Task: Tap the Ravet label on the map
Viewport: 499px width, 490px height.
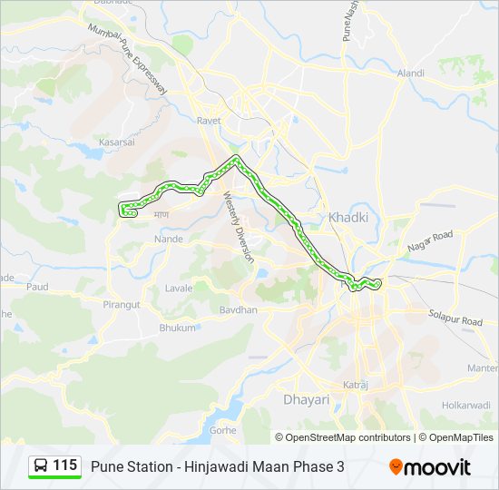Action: tap(210, 120)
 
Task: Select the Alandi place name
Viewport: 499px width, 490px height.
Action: tap(410, 73)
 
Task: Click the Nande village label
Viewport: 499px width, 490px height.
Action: tap(169, 239)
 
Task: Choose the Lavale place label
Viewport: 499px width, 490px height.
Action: tap(179, 288)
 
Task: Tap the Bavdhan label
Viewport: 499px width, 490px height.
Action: tap(239, 309)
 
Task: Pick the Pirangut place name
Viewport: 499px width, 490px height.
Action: tap(122, 305)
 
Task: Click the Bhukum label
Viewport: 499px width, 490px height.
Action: tap(177, 328)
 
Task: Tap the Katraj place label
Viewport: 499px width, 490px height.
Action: tap(356, 386)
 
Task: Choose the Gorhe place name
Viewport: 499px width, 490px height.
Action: tap(223, 429)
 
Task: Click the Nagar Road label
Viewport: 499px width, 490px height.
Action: tap(430, 241)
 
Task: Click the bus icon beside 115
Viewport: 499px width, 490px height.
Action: tap(42, 466)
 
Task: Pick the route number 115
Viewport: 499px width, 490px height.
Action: tap(64, 465)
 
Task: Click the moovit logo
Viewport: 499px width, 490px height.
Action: tap(430, 467)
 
